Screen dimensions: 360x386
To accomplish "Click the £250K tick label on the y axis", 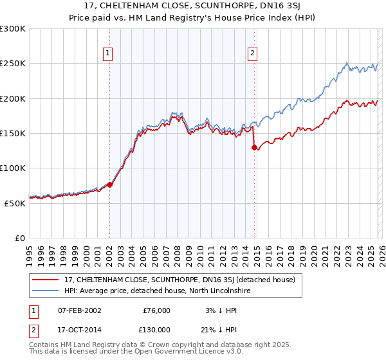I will [x=13, y=64].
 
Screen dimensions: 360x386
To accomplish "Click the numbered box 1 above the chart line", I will [x=107, y=53].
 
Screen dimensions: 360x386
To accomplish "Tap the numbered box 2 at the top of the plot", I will [x=252, y=53].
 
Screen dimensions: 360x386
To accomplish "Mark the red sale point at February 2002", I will [x=109, y=184].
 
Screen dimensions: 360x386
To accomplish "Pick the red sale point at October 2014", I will [x=254, y=147].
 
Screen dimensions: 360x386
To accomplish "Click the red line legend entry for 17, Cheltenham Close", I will [x=179, y=280].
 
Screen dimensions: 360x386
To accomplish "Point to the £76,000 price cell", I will [x=156, y=310].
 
